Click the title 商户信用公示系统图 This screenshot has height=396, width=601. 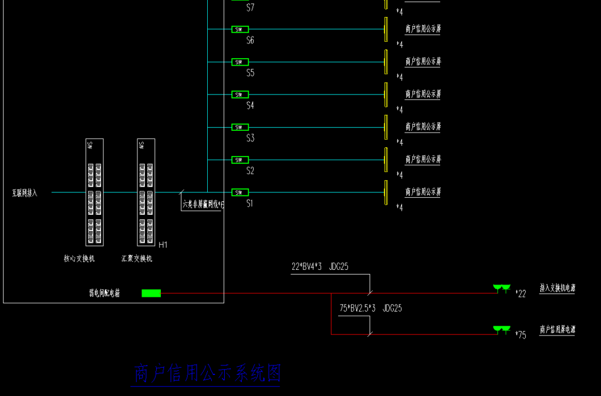point(207,374)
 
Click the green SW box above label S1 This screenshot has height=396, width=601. point(239,192)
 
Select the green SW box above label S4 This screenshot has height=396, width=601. point(239,94)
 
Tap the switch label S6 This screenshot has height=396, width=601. point(250,40)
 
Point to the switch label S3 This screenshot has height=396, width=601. point(250,138)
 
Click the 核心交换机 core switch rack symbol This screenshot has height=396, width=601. point(94,192)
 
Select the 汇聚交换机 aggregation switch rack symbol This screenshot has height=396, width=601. point(146,192)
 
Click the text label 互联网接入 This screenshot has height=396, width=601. point(25,193)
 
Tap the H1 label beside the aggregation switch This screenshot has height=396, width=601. point(163,245)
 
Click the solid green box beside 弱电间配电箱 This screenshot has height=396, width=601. point(151,293)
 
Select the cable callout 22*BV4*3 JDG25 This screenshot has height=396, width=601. point(320,267)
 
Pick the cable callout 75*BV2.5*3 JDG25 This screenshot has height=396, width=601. point(370,308)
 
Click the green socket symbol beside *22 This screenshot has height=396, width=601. point(501,288)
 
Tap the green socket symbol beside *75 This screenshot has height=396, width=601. point(501,330)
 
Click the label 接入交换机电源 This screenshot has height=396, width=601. point(557,288)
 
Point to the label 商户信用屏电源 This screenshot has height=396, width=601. point(557,330)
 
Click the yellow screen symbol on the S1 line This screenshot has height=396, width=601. point(386,192)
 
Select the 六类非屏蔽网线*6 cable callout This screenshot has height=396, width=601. point(203,204)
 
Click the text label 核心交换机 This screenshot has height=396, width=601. point(79,259)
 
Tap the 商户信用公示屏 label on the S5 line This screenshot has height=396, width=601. point(423,62)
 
